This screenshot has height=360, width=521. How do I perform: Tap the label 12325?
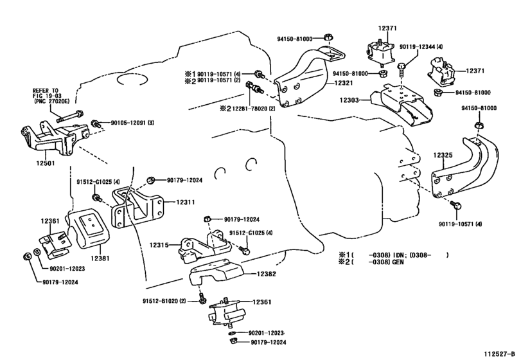443,154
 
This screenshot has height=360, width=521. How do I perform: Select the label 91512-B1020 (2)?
164,301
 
